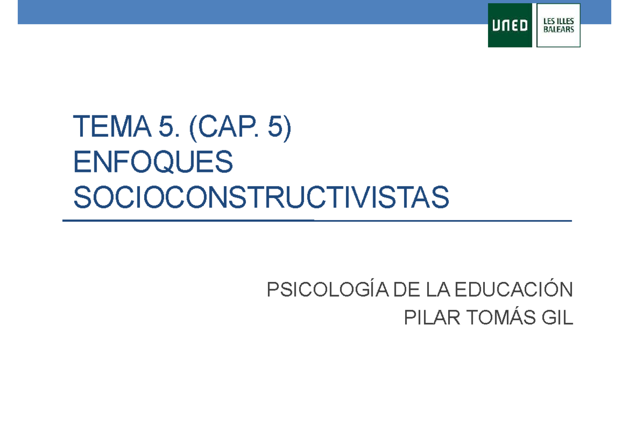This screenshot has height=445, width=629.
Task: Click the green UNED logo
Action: click(x=510, y=25)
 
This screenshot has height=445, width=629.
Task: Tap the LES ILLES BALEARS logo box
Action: click(x=559, y=25)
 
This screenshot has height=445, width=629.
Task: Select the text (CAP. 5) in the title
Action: click(x=240, y=128)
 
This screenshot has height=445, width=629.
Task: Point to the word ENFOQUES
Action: click(x=153, y=163)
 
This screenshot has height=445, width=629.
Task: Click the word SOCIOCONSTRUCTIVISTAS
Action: click(x=261, y=197)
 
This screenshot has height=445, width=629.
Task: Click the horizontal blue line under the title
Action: click(x=317, y=221)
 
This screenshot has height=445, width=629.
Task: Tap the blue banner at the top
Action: click(x=252, y=12)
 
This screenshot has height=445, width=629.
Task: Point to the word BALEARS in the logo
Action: click(x=559, y=29)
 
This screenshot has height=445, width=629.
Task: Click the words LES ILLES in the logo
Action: click(x=559, y=21)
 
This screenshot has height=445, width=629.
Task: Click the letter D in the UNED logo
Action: click(x=523, y=26)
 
